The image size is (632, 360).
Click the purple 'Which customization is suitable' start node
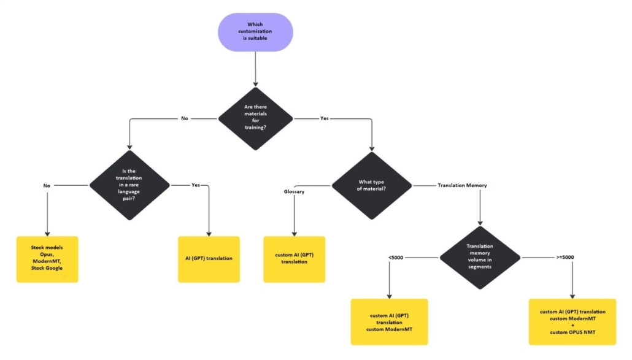(x=255, y=32)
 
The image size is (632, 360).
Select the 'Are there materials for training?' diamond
(x=255, y=118)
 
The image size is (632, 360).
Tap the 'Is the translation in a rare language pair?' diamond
(x=129, y=185)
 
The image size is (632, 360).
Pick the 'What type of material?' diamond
(x=371, y=185)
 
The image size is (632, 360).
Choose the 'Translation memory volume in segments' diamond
(x=480, y=257)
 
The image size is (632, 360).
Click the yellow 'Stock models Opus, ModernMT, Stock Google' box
(x=47, y=259)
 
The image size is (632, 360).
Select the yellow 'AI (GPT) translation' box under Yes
(x=209, y=259)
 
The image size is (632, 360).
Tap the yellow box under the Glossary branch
(x=294, y=259)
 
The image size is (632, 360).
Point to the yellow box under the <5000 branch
(x=389, y=322)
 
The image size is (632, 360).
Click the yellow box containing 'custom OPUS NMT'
(x=572, y=322)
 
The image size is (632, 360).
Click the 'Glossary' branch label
(x=294, y=191)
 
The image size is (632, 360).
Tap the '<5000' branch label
(x=395, y=257)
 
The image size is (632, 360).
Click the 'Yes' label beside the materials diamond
(x=325, y=118)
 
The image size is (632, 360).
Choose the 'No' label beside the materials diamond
(x=184, y=118)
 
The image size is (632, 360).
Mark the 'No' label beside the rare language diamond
(x=47, y=185)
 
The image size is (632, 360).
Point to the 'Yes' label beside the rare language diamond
(x=196, y=185)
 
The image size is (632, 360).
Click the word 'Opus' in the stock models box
(x=47, y=255)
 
